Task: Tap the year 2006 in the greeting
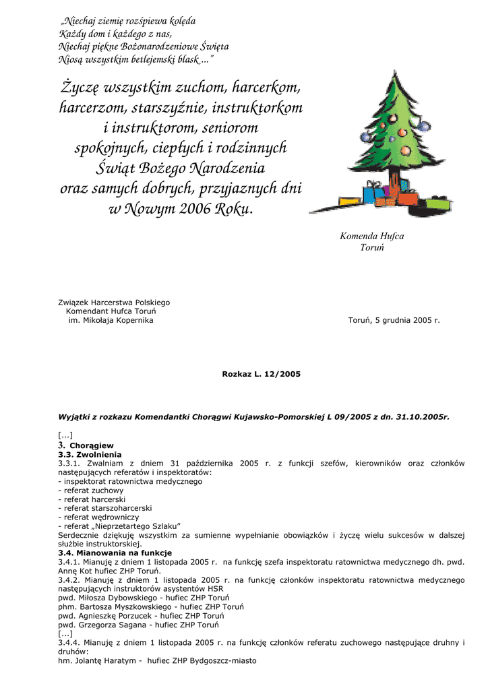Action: click(195, 209)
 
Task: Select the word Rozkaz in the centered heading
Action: click(236, 373)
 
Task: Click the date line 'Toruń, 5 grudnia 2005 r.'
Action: click(394, 320)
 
